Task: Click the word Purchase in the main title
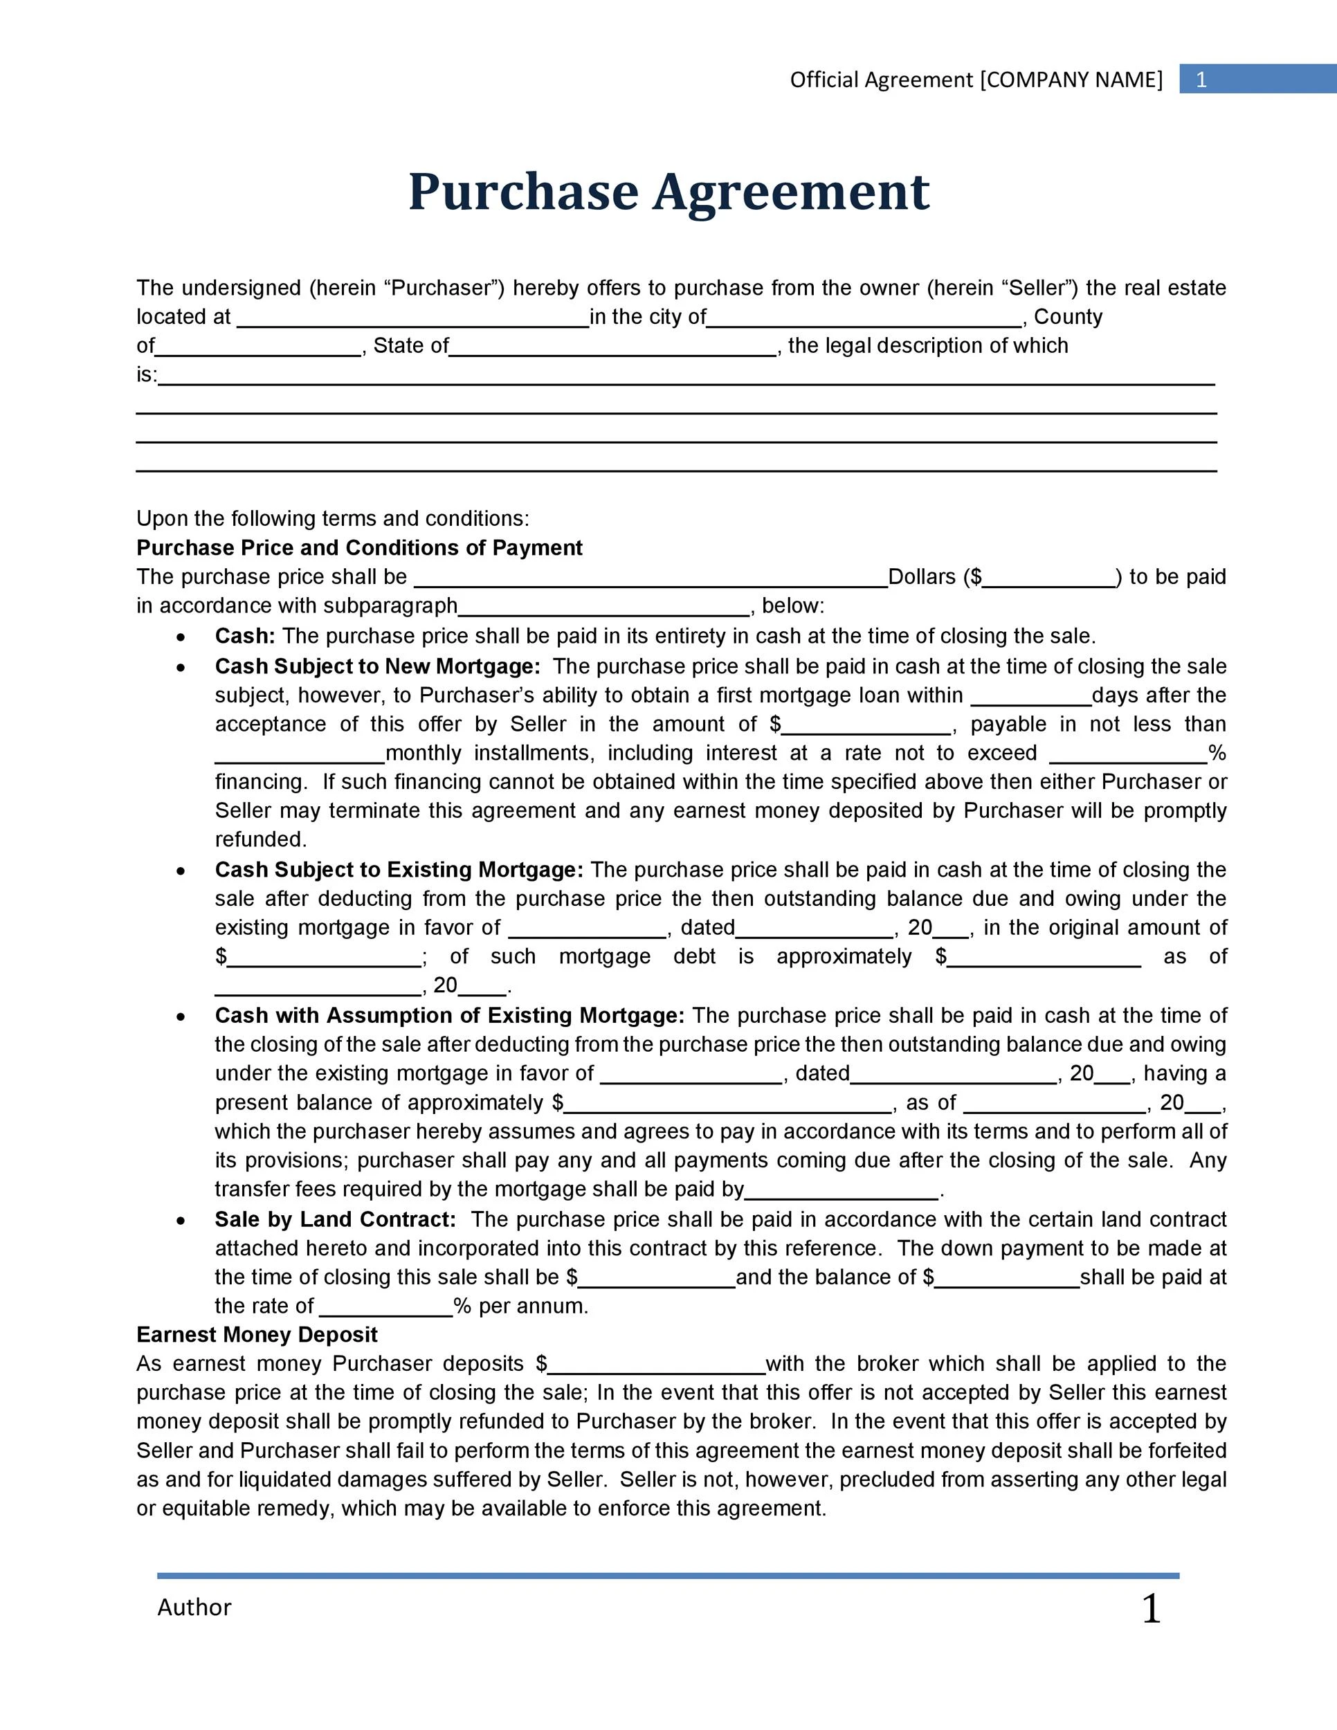click(522, 192)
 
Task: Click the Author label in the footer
click(194, 1608)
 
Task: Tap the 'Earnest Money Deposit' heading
click(257, 1335)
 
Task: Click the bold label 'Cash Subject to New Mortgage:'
click(377, 666)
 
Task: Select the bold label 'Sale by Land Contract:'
click(335, 1219)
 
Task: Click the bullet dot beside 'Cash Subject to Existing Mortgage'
click(181, 871)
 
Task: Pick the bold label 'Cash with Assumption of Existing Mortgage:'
click(449, 1015)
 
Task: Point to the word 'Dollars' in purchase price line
click(922, 576)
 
